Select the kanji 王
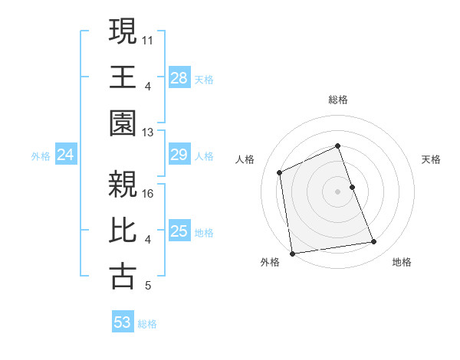click(x=123, y=77)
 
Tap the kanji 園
click(x=123, y=123)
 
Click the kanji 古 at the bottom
click(x=123, y=277)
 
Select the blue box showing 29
click(x=179, y=155)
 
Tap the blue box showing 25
click(x=179, y=231)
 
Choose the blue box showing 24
click(x=65, y=155)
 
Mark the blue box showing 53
click(x=122, y=322)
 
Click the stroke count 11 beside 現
click(x=149, y=38)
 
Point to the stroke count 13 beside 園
click(x=149, y=132)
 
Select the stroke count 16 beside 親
click(x=149, y=193)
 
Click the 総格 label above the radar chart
click(x=337, y=100)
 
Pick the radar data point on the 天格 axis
click(x=352, y=187)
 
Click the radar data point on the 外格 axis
click(x=291, y=254)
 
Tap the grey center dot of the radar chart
click(x=337, y=191)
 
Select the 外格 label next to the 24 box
click(x=41, y=156)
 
